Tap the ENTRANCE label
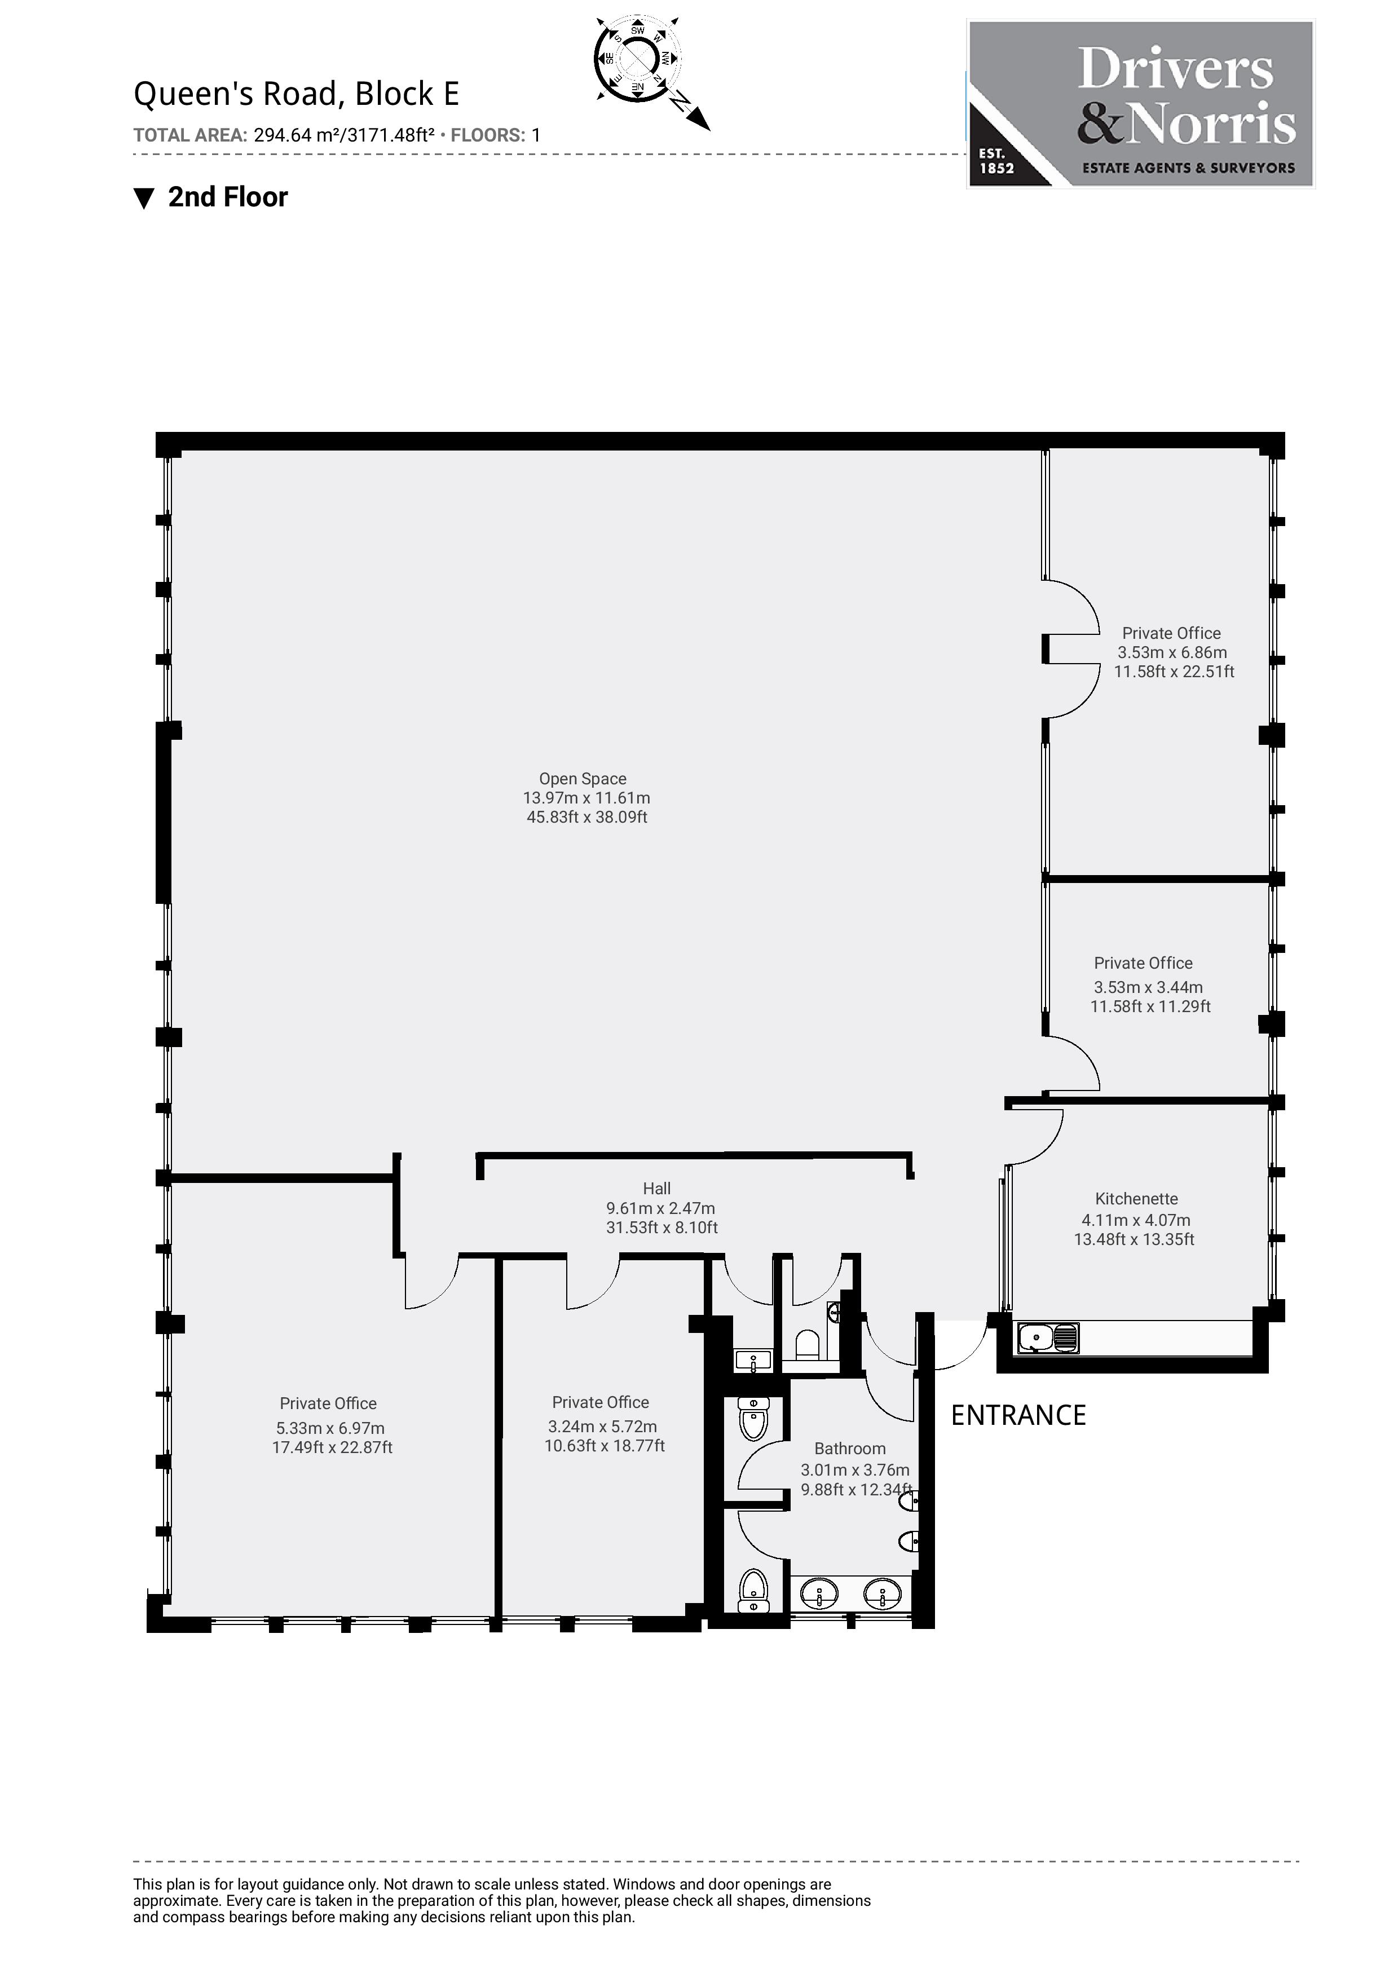[1017, 1415]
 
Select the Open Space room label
[583, 779]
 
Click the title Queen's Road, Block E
[296, 94]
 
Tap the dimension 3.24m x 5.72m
[602, 1427]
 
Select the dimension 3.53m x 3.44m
[1148, 987]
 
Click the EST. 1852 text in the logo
[996, 161]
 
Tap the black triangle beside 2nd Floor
[144, 198]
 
